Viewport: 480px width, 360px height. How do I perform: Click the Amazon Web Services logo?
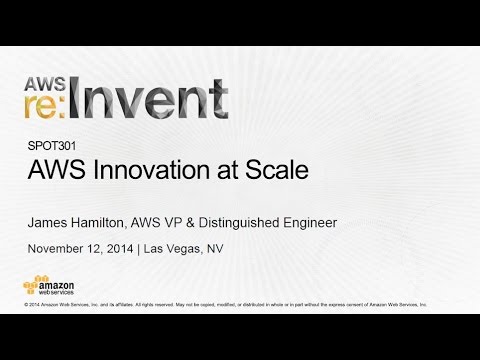[x=51, y=284]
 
